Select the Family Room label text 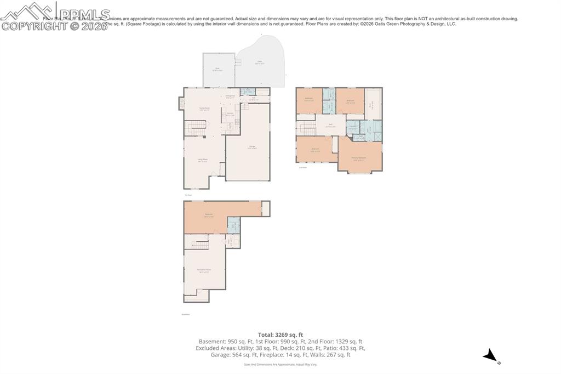click(x=204, y=109)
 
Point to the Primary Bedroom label click(x=359, y=158)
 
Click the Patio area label click(x=259, y=63)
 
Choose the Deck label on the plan click(x=217, y=69)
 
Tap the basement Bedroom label click(x=208, y=215)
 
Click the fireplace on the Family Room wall click(x=181, y=104)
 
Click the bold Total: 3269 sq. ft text click(x=280, y=335)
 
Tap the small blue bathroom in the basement click(x=233, y=225)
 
